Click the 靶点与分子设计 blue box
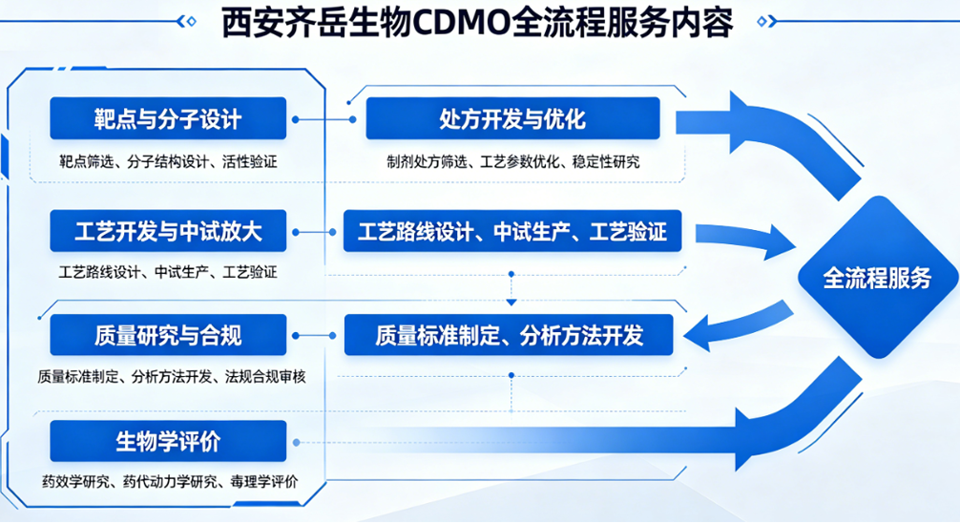point(168,119)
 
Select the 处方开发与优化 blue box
point(512,119)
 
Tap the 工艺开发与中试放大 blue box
point(168,231)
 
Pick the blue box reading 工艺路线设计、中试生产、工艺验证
point(512,231)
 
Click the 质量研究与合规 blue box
point(168,335)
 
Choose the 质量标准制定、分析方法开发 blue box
point(509,335)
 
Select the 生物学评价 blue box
point(168,442)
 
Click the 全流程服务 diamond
point(877,278)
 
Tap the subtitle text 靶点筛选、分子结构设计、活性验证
point(168,161)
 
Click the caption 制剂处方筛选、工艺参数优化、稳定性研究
point(512,161)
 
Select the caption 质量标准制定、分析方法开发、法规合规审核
point(172,376)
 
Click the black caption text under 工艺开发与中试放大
point(168,272)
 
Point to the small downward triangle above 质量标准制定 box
point(512,302)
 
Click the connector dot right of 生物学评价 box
point(298,443)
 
